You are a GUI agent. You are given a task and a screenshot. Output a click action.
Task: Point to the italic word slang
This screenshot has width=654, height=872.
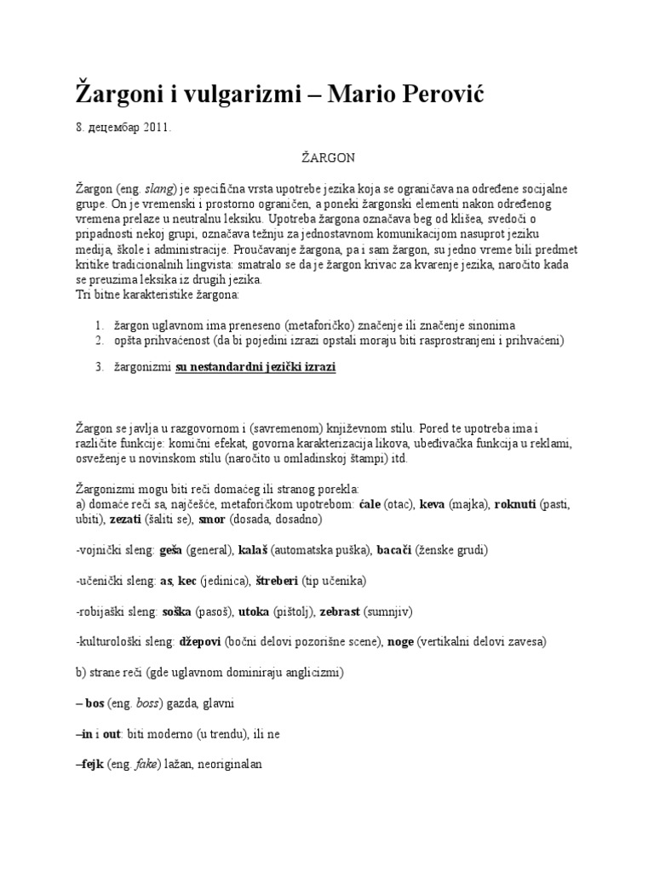click(160, 188)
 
